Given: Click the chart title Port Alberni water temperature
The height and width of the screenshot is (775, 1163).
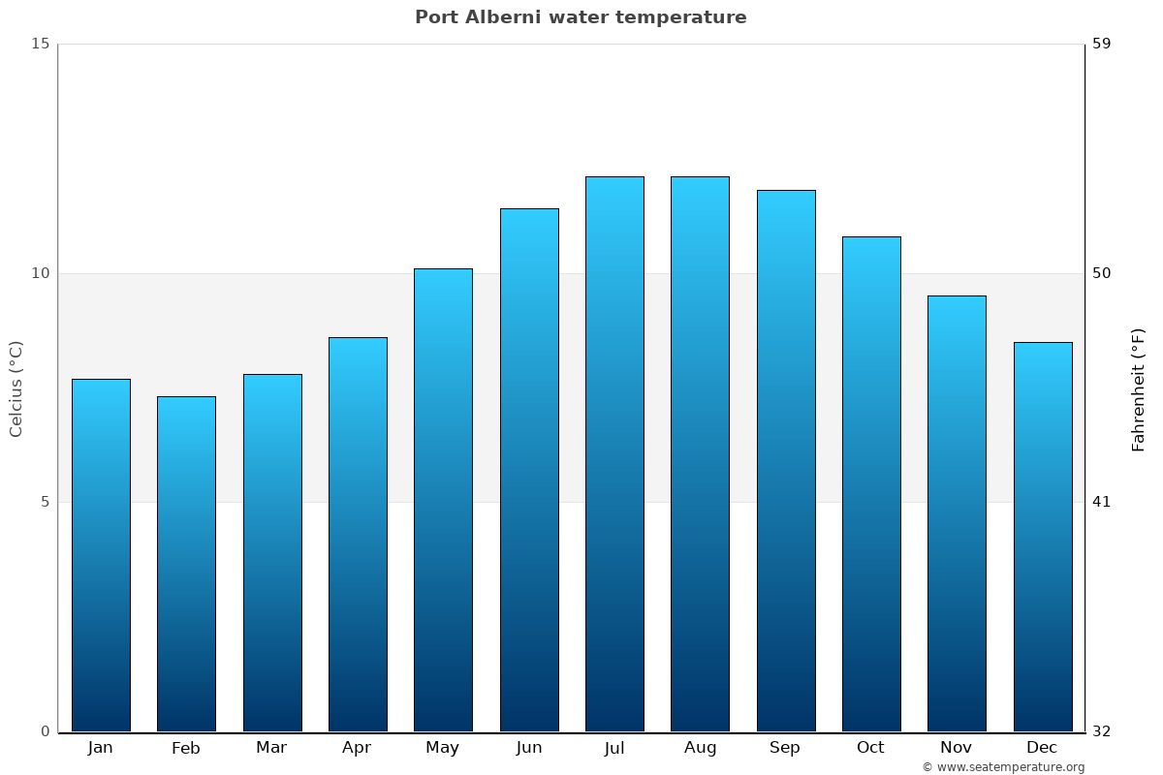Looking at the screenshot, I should [581, 17].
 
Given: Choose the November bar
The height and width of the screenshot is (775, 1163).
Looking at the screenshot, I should [957, 513].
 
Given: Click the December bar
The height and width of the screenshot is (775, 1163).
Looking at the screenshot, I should [1043, 537].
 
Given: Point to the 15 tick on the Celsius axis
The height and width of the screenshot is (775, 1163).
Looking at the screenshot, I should [40, 44].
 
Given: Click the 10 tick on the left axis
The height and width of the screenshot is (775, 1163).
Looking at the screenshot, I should [40, 273].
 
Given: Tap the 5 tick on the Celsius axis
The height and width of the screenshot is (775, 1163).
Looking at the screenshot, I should [45, 502].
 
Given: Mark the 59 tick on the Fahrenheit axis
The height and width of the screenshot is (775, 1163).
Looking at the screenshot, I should [1102, 44].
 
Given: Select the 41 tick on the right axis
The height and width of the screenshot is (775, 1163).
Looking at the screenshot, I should [1102, 502].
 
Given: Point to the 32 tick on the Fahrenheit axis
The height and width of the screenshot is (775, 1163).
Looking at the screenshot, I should [1102, 731].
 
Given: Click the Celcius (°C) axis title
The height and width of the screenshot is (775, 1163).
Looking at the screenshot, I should [16, 388].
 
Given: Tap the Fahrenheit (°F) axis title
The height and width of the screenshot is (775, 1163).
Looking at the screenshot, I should [1138, 389].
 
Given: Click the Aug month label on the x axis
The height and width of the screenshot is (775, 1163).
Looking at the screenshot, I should [700, 748].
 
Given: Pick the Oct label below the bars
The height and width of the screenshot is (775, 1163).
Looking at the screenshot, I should [870, 748].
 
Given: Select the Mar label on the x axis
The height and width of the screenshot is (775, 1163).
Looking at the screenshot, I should [271, 748].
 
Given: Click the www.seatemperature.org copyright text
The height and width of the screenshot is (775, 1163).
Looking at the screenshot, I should [1003, 767].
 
